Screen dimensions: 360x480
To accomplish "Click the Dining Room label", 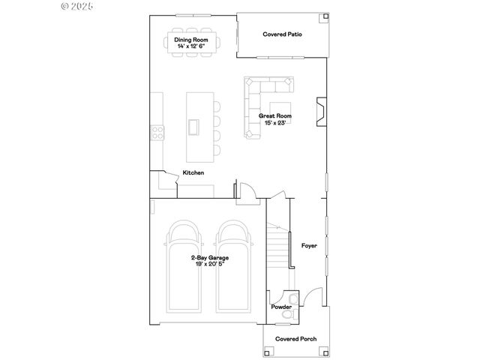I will tap(191, 40).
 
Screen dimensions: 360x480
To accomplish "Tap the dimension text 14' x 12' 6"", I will tap(191, 46).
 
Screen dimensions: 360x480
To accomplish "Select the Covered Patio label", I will tap(282, 34).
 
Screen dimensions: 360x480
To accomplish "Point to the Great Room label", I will tap(275, 116).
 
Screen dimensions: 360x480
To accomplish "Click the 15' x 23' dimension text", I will tap(275, 123).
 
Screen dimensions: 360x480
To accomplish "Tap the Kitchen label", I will tap(193, 173).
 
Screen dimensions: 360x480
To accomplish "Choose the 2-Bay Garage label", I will tap(209, 258).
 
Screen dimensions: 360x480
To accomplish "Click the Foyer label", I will tap(309, 245).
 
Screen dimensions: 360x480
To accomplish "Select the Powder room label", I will tap(281, 307).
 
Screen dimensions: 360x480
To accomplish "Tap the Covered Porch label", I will tap(295, 339).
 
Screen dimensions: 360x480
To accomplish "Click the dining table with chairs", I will tap(191, 43).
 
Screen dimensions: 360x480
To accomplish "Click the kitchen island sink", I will tap(193, 127).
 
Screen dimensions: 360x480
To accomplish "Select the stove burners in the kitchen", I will tap(158, 133).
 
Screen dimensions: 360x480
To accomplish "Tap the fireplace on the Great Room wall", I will tap(320, 110).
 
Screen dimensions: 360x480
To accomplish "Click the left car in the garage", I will tap(184, 266).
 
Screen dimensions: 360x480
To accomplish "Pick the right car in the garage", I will tap(235, 266).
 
